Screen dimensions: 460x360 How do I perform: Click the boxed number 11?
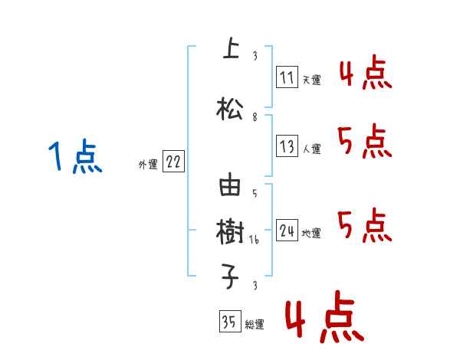point(287,77)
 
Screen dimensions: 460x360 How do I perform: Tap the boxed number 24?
point(287,231)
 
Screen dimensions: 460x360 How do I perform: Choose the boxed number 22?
point(173,162)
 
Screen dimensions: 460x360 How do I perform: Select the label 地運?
point(311,233)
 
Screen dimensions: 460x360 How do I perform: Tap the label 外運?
point(148,164)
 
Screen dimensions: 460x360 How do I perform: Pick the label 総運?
point(255,325)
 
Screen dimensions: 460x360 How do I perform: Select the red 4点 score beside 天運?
point(365,74)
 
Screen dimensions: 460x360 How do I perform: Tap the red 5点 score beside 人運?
point(365,142)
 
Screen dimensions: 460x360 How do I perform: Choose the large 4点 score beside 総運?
point(324,319)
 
